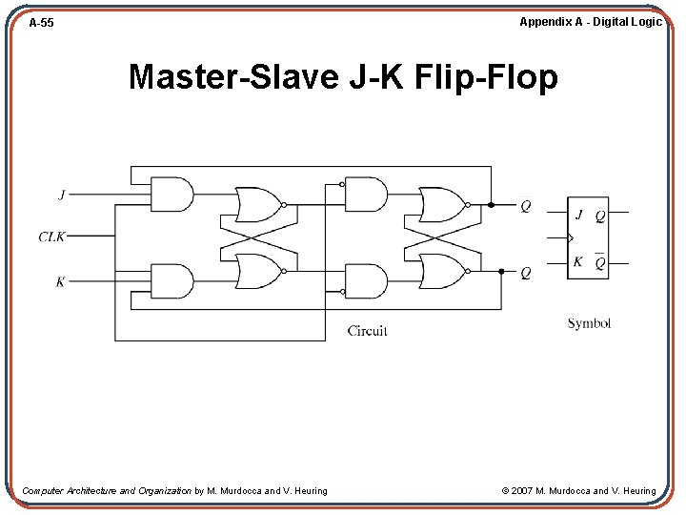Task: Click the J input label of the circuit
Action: pos(62,195)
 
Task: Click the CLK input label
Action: pos(51,237)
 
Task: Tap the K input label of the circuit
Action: pos(61,281)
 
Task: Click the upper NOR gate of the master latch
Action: pos(257,204)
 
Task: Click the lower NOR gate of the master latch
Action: pos(257,272)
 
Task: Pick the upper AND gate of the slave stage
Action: pos(365,196)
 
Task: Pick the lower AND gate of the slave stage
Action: pos(365,281)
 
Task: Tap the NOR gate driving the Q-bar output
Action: pos(441,204)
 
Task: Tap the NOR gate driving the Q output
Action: pos(441,272)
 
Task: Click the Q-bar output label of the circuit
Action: pos(525,206)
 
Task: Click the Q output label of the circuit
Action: pos(525,273)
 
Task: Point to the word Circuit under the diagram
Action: pos(367,331)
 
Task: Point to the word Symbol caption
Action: pos(589,323)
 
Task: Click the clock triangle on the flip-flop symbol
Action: pos(571,238)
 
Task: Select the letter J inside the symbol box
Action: pos(578,215)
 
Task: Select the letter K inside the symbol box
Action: pos(577,262)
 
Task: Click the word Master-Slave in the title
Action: pos(233,76)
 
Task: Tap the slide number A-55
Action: pos(41,22)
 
